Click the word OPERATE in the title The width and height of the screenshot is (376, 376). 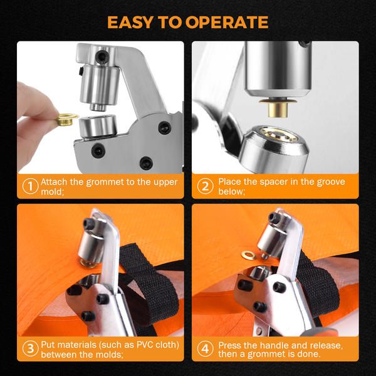click(227, 23)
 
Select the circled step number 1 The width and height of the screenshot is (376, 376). click(31, 186)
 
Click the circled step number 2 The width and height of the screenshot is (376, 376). click(206, 186)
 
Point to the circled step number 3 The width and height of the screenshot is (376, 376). click(31, 348)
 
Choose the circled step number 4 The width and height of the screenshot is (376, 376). click(206, 348)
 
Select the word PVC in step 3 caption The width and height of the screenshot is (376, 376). click(145, 345)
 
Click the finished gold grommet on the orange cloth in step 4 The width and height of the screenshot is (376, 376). click(249, 256)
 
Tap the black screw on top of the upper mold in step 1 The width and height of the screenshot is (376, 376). click(102, 57)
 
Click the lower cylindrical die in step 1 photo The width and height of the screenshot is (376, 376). click(98, 126)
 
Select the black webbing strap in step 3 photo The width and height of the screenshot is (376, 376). click(149, 285)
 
